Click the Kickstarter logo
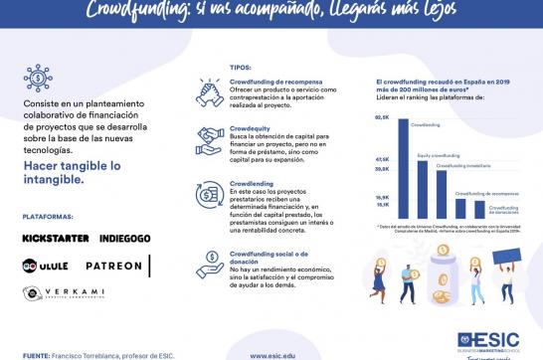[56, 239]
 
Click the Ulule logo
[45, 267]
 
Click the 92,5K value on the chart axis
[382, 117]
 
